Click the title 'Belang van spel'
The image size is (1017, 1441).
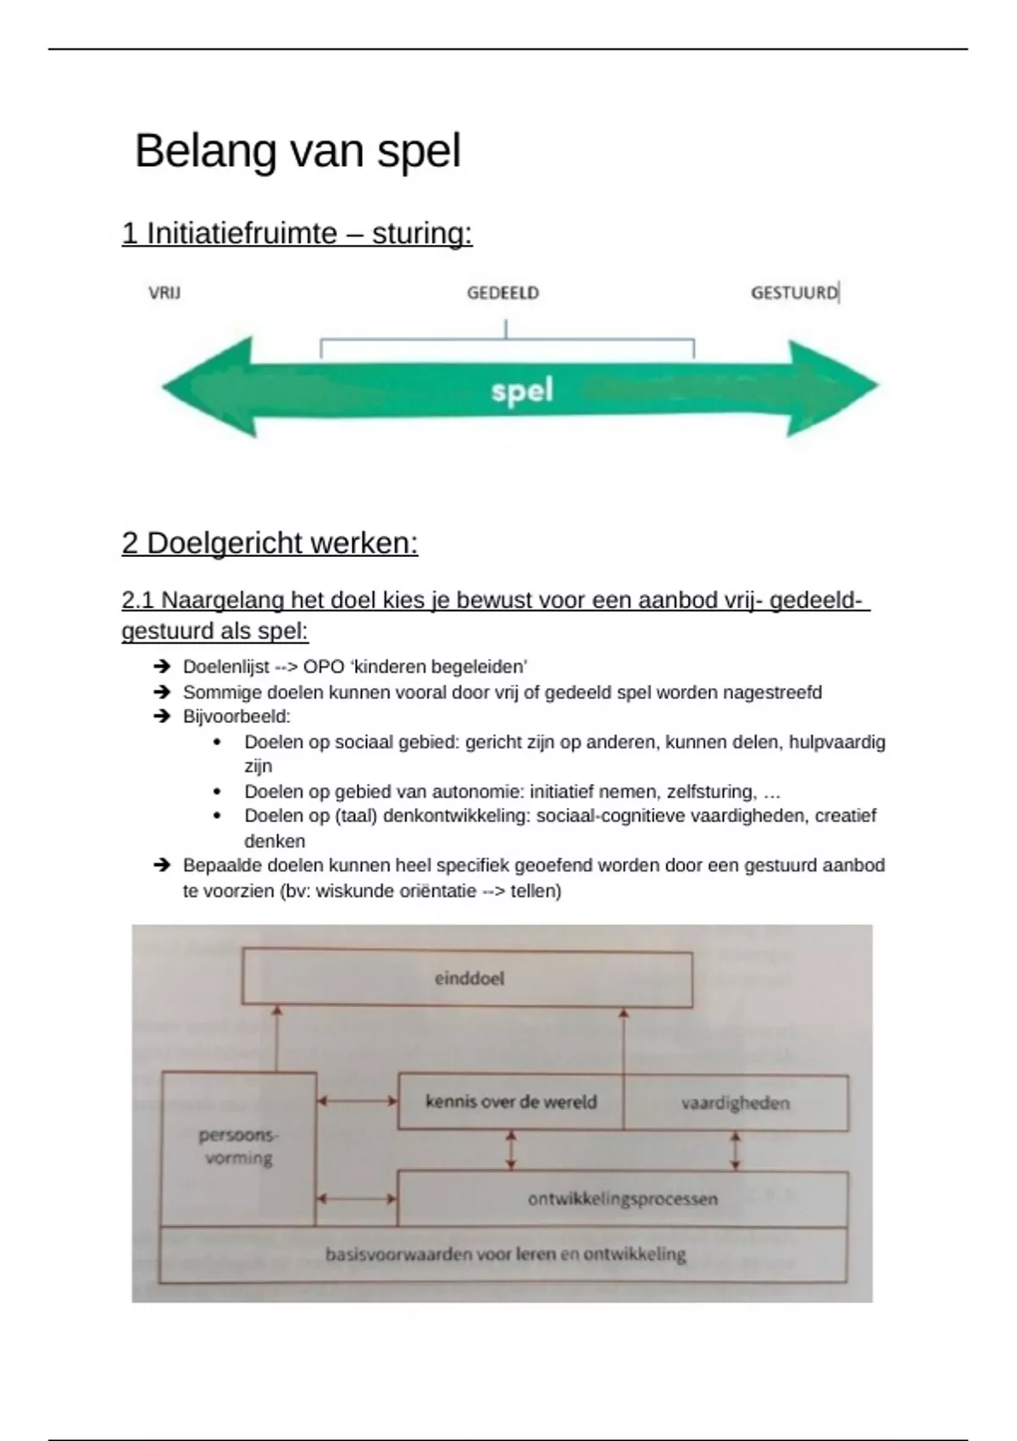[297, 152]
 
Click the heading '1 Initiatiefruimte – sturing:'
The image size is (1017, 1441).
[297, 233]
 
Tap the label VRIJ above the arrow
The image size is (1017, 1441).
[164, 293]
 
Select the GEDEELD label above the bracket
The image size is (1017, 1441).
[503, 293]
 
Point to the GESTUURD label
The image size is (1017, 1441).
[794, 293]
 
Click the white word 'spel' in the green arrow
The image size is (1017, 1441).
[522, 391]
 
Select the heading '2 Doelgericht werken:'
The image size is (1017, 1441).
[270, 543]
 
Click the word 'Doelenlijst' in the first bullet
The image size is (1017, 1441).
[225, 667]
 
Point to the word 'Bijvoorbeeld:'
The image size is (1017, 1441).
[236, 716]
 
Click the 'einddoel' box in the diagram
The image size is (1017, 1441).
[468, 978]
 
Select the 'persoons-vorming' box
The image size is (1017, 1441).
[239, 1149]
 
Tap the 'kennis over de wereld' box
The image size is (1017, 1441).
[511, 1102]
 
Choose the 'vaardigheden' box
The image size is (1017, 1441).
[736, 1104]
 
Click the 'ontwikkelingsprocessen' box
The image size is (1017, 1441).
[622, 1199]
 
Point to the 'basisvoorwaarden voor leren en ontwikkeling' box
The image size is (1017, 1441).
[503, 1255]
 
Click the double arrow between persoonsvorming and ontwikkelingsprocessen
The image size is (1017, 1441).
[357, 1199]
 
